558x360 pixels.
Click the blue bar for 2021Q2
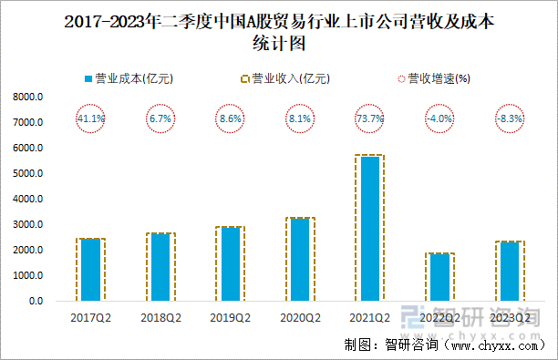pyautogui.click(x=369, y=228)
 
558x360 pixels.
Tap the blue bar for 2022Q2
pyautogui.click(x=439, y=277)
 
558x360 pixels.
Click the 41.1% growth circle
pyautogui.click(x=90, y=118)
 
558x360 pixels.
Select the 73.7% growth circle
pyautogui.click(x=369, y=118)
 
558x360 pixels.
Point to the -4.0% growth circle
pyautogui.click(x=439, y=118)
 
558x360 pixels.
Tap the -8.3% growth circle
pyautogui.click(x=509, y=118)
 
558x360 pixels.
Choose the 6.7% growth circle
pyautogui.click(x=160, y=118)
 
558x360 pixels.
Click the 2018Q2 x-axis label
pyautogui.click(x=160, y=317)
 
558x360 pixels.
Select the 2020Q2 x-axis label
pyautogui.click(x=299, y=317)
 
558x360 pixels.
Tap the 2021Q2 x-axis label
pyautogui.click(x=369, y=317)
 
